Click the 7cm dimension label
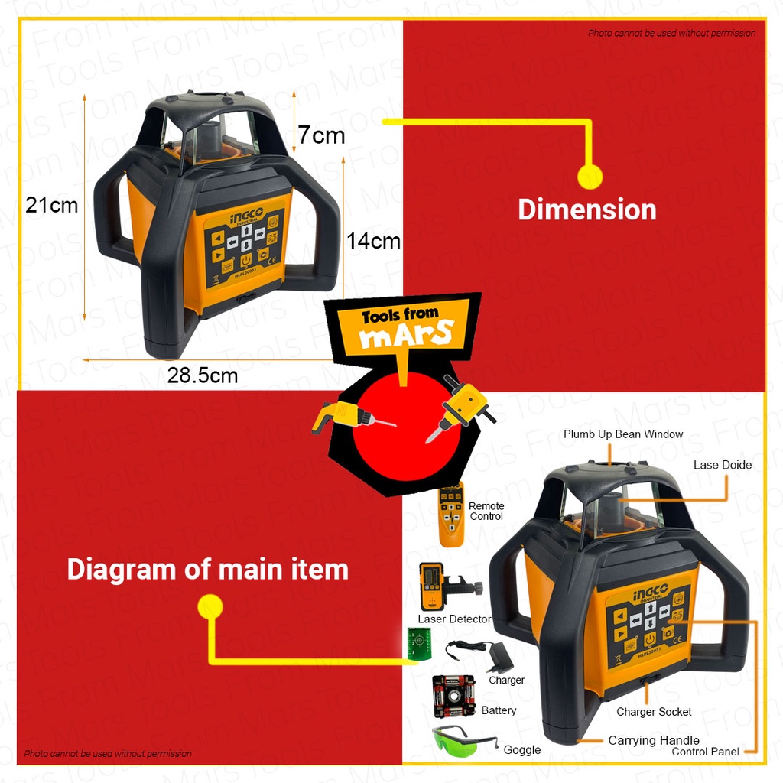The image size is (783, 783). click(x=321, y=136)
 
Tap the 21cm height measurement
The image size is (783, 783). click(x=52, y=205)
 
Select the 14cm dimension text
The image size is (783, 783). click(x=373, y=241)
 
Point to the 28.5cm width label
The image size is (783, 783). click(x=203, y=375)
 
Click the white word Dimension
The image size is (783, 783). click(x=587, y=210)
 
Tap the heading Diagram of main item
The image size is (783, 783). click(x=207, y=570)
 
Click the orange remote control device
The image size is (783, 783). click(x=451, y=515)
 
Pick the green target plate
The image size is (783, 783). click(x=417, y=643)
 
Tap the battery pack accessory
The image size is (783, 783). click(x=453, y=696)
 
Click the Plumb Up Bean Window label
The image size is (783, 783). click(x=623, y=434)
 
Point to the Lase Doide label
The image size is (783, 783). click(x=722, y=465)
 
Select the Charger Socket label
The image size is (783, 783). click(x=654, y=712)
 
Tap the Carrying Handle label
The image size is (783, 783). click(x=654, y=740)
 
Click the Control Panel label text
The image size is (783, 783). click(x=705, y=752)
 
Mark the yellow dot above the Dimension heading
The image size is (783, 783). click(x=590, y=177)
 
